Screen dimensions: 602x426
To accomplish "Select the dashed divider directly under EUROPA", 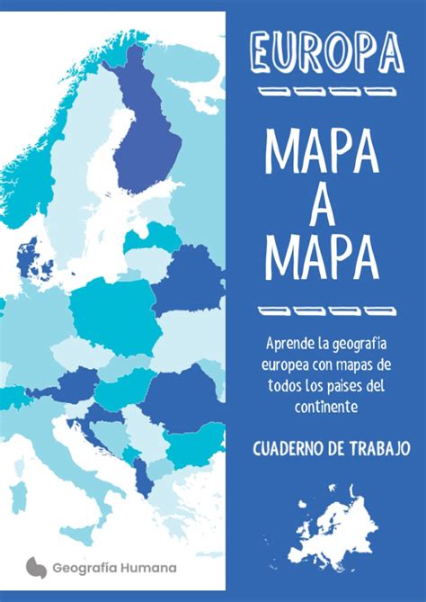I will [325, 92].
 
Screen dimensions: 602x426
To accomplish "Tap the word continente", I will [325, 408].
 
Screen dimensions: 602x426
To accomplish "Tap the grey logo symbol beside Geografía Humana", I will [36, 567].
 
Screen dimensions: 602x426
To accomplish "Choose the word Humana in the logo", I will [149, 568].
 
